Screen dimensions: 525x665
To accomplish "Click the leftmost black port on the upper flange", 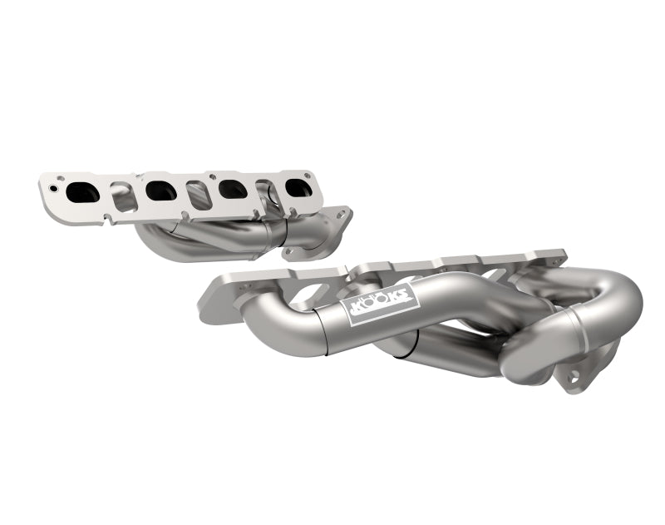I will point(83,192).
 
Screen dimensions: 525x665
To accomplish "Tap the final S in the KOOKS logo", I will point(404,290).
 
